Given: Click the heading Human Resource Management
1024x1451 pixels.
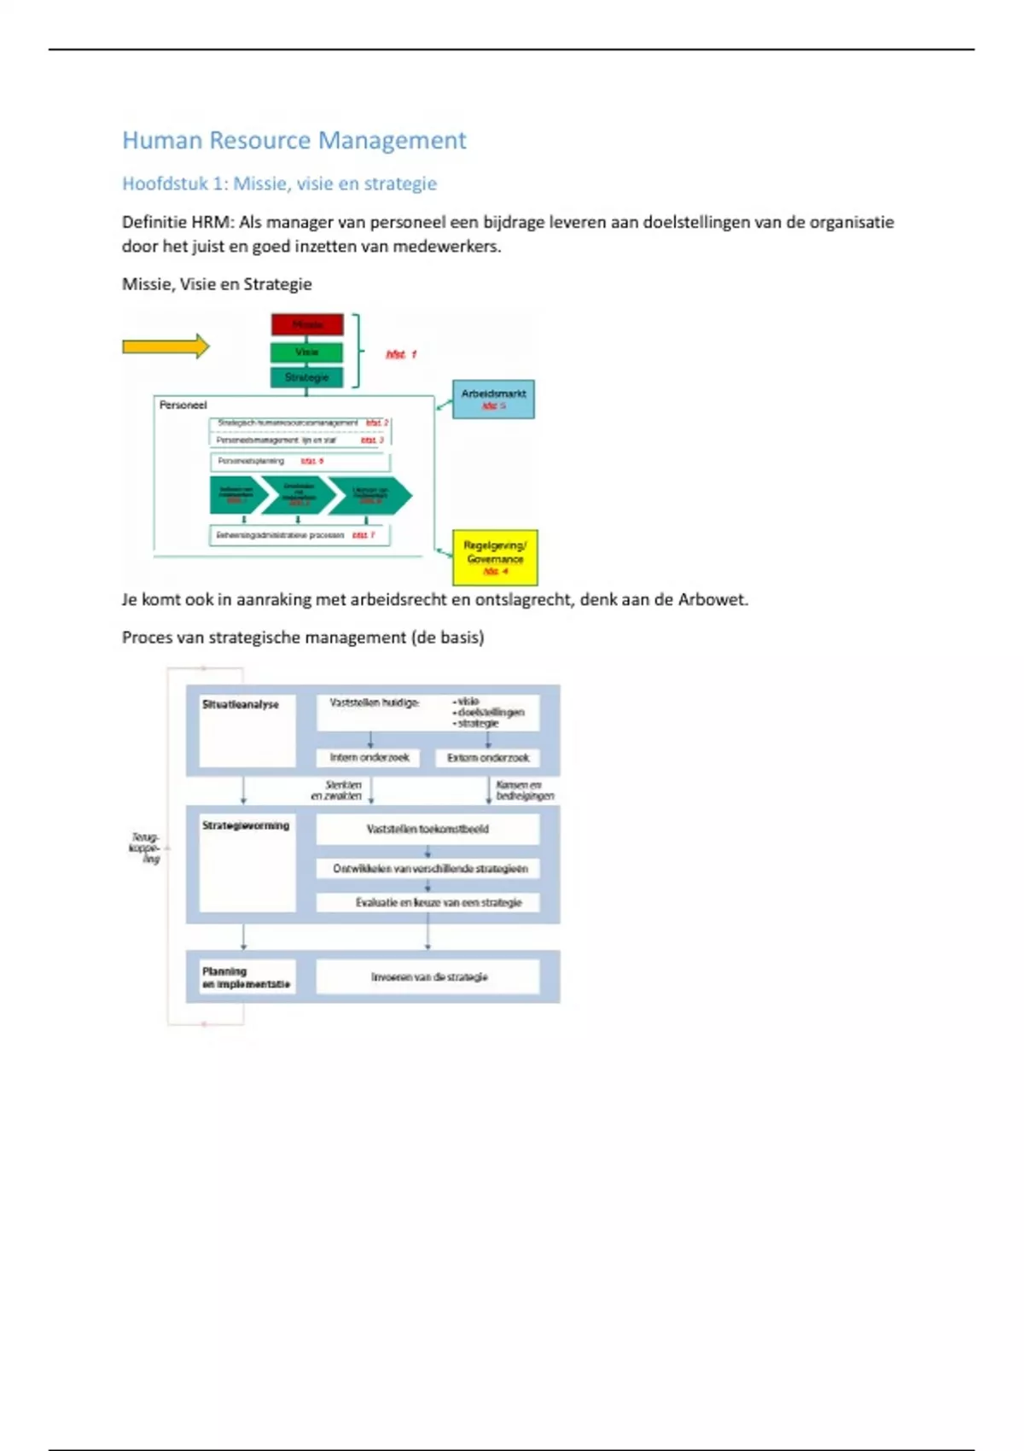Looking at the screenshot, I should click(x=294, y=140).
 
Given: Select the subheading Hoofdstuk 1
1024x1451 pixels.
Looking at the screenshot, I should click(x=279, y=184).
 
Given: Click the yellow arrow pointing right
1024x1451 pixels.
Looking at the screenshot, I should click(x=166, y=346).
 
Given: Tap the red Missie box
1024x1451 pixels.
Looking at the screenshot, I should click(x=307, y=324).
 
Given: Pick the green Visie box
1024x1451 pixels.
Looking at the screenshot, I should click(x=306, y=352).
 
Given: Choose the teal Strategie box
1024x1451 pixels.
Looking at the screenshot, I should click(x=306, y=376).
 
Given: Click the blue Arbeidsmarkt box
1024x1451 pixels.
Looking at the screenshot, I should click(x=493, y=399).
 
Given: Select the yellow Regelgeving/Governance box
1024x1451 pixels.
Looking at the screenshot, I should click(x=495, y=557).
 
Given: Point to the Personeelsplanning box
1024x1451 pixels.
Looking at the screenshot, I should click(x=300, y=462).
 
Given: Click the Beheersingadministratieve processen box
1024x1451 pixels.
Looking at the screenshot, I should click(x=299, y=535).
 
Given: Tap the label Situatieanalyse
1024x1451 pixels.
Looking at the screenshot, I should click(x=240, y=705).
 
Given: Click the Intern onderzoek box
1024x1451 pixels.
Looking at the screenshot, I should click(x=369, y=757).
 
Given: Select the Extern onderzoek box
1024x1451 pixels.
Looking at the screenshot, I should click(x=487, y=757).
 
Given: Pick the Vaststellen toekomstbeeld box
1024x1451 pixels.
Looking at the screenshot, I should click(x=428, y=829).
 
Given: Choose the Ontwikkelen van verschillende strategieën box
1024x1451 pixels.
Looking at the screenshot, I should click(x=429, y=868).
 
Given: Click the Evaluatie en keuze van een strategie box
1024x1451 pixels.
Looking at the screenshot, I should click(x=438, y=902).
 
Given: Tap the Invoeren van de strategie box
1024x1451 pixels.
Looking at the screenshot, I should click(x=428, y=976).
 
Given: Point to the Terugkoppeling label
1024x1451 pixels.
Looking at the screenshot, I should click(x=145, y=848).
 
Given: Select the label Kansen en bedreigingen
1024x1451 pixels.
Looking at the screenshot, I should click(x=524, y=790).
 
